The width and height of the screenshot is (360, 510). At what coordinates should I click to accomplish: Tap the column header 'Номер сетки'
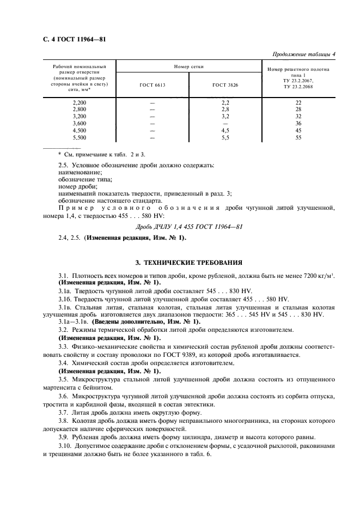click(x=189, y=66)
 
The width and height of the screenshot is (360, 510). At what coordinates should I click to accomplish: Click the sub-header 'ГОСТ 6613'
click(x=152, y=85)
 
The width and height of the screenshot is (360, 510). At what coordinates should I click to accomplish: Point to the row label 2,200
click(x=80, y=102)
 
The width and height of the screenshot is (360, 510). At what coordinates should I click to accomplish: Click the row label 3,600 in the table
click(x=80, y=123)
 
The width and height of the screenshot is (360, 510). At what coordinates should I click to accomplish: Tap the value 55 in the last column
click(x=298, y=138)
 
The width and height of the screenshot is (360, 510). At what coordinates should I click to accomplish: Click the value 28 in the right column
click(x=298, y=109)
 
